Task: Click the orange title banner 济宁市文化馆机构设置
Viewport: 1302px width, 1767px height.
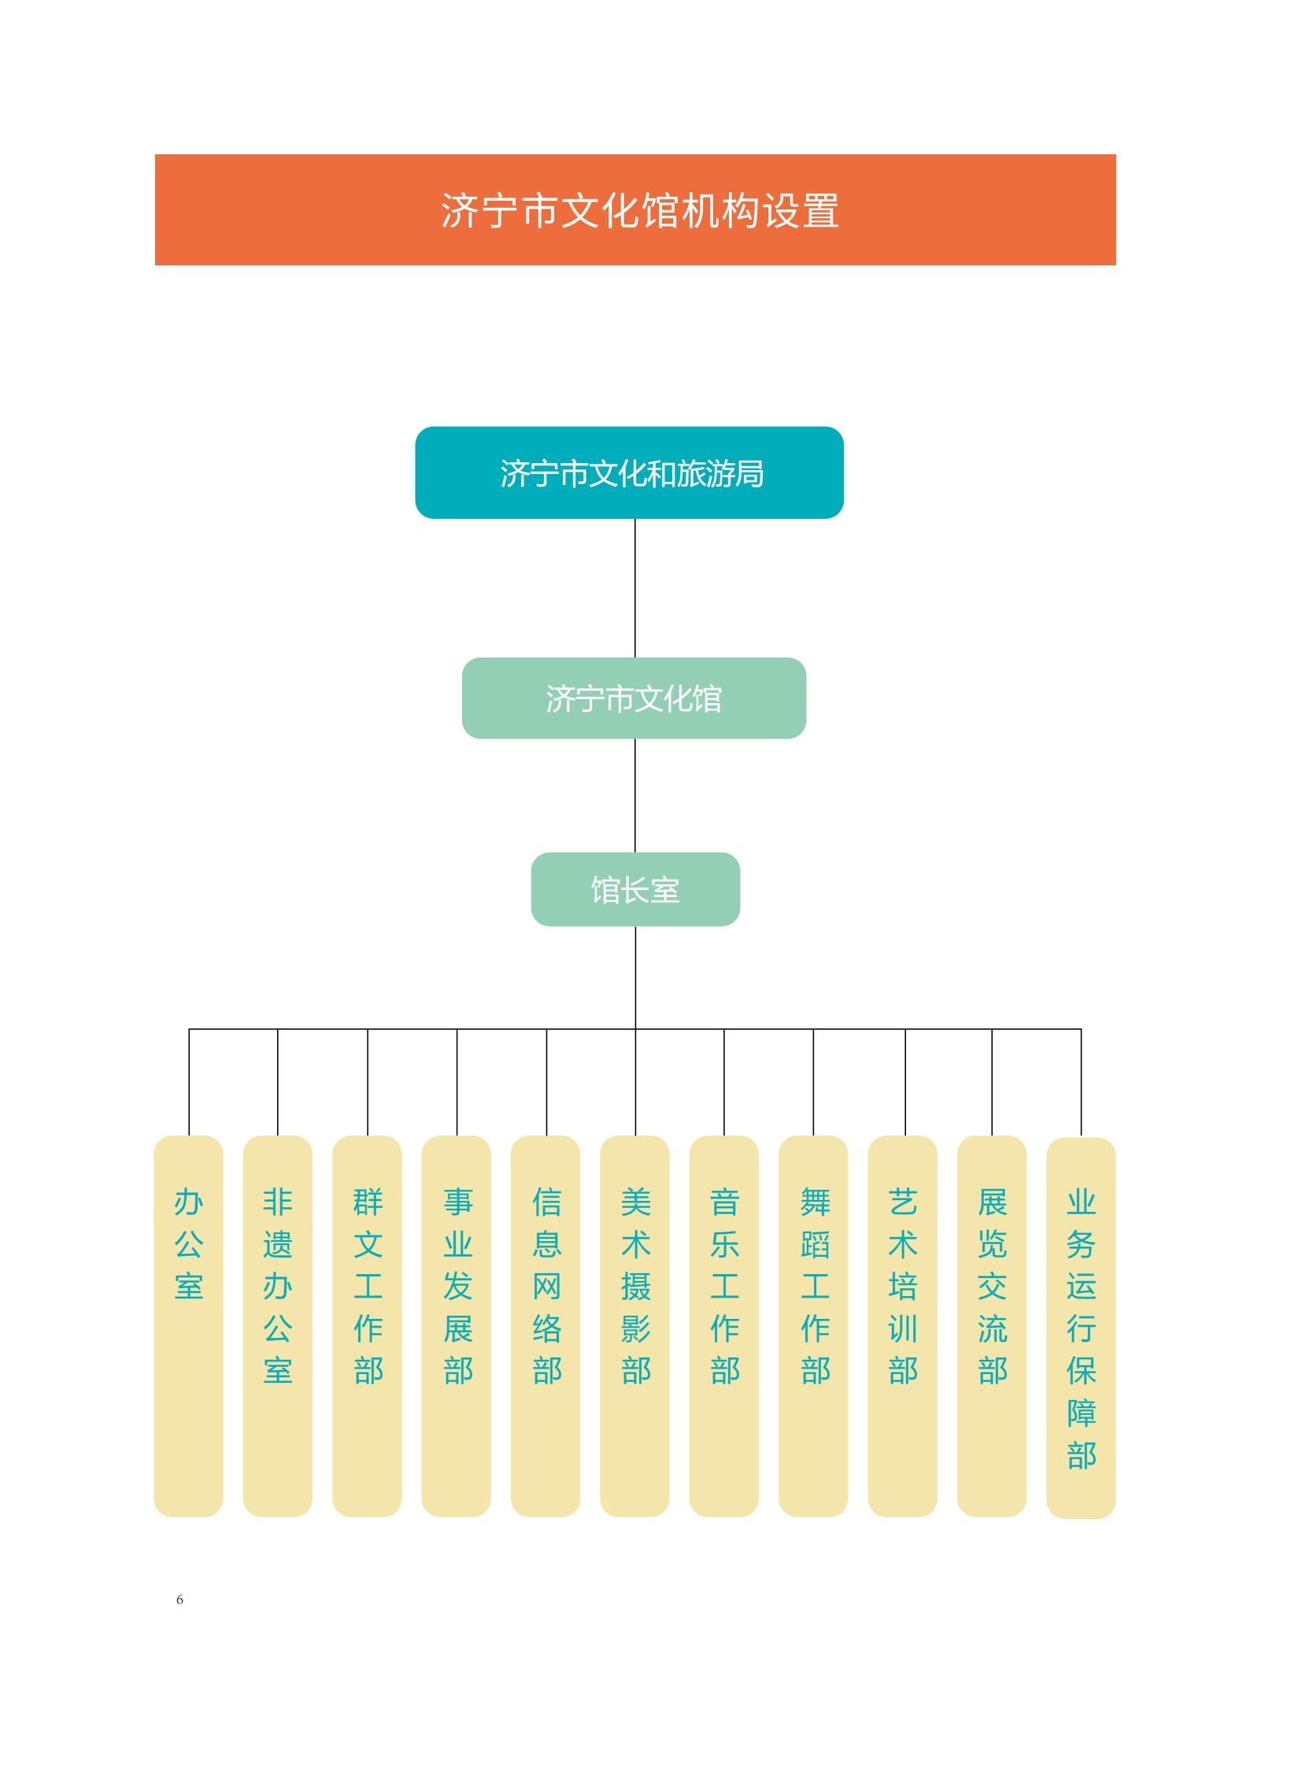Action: (x=635, y=209)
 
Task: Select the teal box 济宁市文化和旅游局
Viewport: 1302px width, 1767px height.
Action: (x=630, y=473)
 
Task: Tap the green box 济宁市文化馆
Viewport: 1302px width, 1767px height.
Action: (x=634, y=698)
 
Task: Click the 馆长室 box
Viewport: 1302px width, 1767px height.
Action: (x=635, y=890)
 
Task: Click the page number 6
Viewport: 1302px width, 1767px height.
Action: (x=179, y=1600)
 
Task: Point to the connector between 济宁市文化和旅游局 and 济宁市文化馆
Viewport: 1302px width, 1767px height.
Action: (x=635, y=588)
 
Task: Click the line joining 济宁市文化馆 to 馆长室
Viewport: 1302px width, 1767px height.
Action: (x=635, y=795)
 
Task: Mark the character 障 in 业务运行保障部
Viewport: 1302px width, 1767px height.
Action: (x=1082, y=1412)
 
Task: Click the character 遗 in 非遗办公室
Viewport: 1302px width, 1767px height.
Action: (x=277, y=1245)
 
